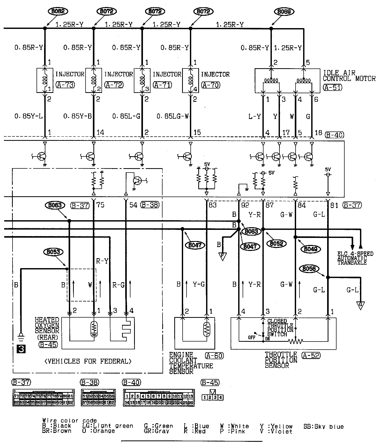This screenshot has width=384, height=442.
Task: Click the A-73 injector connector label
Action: [x=65, y=85]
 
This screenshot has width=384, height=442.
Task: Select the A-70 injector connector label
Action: [x=211, y=85]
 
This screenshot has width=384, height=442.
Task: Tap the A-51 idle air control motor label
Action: [x=333, y=87]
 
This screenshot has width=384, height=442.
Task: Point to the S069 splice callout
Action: [x=284, y=11]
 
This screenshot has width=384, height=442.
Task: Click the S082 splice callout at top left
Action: [x=58, y=11]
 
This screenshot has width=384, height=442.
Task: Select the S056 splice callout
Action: [x=309, y=268]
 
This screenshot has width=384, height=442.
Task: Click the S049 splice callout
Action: [x=310, y=249]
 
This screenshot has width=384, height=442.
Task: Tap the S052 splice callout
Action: [x=277, y=243]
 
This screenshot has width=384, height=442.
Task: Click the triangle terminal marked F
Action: [x=223, y=257]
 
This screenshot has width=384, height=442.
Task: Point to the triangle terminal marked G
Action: [x=361, y=305]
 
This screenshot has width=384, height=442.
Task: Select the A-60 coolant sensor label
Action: [x=214, y=356]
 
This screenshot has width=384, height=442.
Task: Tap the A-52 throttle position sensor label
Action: [x=311, y=355]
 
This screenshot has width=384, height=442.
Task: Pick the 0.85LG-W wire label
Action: [x=173, y=116]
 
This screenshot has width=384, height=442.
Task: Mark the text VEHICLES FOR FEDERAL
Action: [x=88, y=361]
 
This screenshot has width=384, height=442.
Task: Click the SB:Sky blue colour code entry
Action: [x=323, y=427]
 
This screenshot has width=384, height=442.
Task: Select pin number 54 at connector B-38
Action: [x=133, y=205]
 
